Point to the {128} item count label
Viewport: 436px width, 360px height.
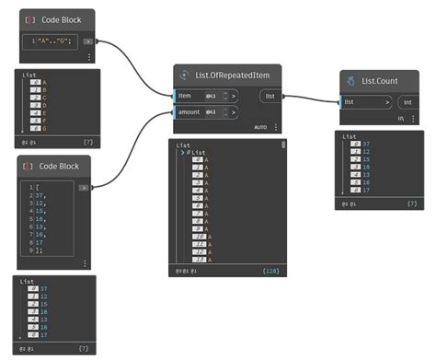271,271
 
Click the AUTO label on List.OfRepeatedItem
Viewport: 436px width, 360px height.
260,127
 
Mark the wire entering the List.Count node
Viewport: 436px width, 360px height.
313,98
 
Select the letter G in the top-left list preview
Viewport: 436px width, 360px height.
44,128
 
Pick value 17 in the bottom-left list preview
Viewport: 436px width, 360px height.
44,338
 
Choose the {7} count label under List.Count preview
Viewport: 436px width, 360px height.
411,203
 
